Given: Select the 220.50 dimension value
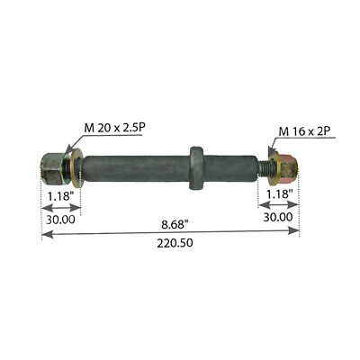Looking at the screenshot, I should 171,243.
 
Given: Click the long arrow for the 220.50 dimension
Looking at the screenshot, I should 171,232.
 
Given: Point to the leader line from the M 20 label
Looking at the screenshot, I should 72,142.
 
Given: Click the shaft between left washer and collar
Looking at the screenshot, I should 135,166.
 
